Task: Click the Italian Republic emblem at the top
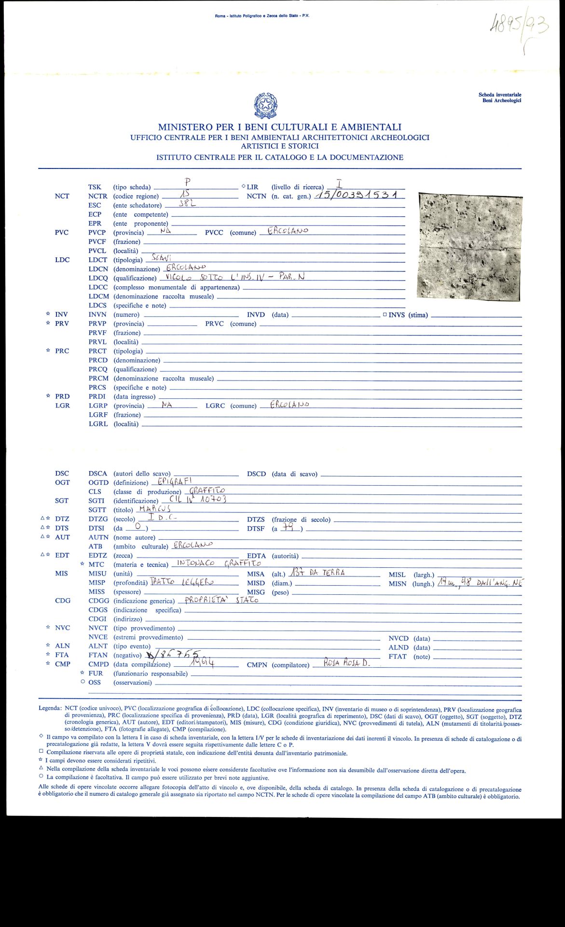(265, 106)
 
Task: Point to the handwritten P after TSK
(188, 182)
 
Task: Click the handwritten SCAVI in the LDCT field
(162, 257)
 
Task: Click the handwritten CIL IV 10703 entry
(198, 499)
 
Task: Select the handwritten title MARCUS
(154, 508)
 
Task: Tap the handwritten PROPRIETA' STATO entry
(222, 600)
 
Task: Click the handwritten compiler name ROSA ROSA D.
(346, 663)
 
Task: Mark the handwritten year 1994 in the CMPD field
(202, 663)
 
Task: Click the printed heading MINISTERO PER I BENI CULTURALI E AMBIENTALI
(280, 127)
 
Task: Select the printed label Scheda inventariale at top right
(500, 95)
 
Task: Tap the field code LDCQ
(98, 278)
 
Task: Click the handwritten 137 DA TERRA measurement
(317, 573)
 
